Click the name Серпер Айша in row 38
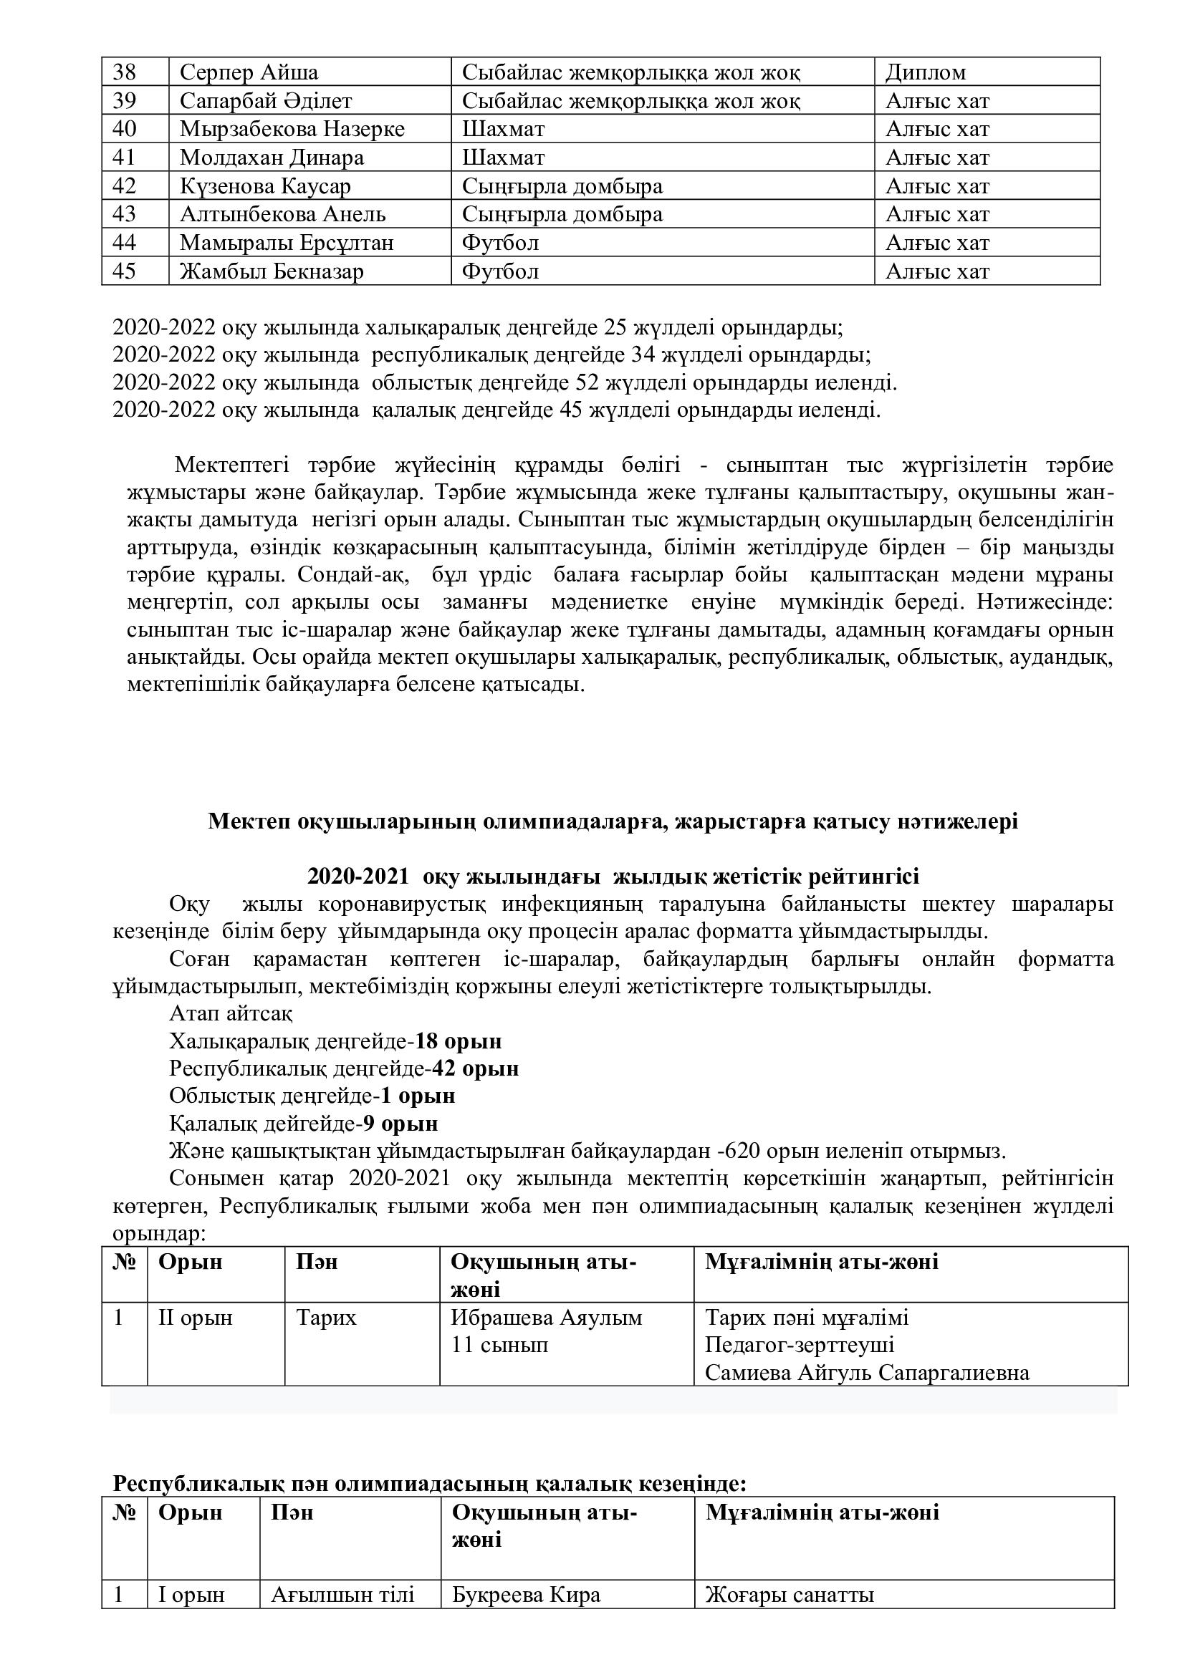click(x=249, y=72)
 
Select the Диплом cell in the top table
click(x=925, y=72)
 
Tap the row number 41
click(x=125, y=158)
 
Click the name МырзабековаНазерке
click(x=292, y=129)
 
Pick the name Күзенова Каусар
click(x=266, y=186)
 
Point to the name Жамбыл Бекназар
click(x=272, y=271)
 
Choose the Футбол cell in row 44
click(x=501, y=243)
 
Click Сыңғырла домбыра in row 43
click(x=562, y=215)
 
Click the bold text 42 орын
click(x=475, y=1068)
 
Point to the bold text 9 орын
click(x=401, y=1124)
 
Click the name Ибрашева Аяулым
click(x=547, y=1318)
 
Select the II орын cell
click(x=195, y=1318)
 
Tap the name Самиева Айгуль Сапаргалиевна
click(x=867, y=1373)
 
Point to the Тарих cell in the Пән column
click(x=326, y=1318)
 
